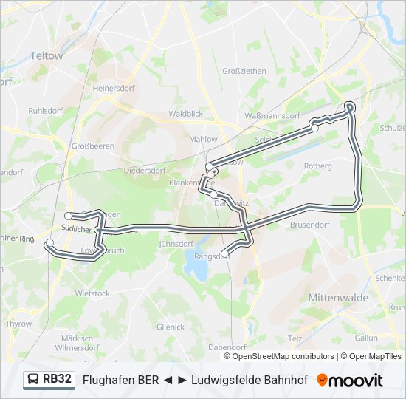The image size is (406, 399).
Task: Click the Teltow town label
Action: click(x=47, y=55)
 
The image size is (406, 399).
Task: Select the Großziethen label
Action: click(x=244, y=71)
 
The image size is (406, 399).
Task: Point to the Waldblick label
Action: click(x=185, y=114)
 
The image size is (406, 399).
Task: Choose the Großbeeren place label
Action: click(x=93, y=146)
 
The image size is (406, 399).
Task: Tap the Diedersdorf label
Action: click(x=144, y=169)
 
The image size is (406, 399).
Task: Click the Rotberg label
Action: click(x=317, y=166)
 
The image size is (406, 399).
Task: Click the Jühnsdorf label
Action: click(x=176, y=242)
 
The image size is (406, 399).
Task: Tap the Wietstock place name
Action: click(x=92, y=293)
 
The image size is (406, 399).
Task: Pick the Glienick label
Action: click(x=171, y=326)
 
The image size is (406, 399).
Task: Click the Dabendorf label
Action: click(x=227, y=347)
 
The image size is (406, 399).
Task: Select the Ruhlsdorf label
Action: click(x=45, y=110)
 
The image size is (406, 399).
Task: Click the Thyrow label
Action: click(x=19, y=324)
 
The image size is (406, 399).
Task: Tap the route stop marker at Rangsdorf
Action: click(x=225, y=254)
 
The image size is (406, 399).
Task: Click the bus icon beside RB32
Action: click(x=33, y=380)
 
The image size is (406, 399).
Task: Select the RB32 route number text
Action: click(x=58, y=380)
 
